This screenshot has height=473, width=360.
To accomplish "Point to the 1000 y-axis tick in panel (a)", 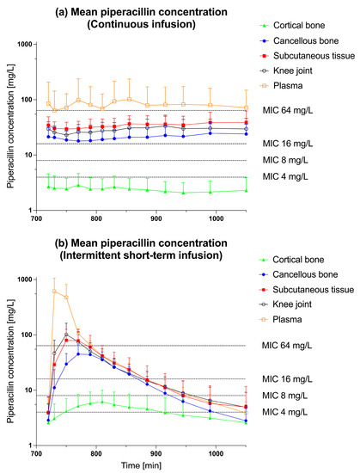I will tap(22, 45).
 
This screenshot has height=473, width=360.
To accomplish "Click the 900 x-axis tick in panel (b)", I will tap(156, 451).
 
